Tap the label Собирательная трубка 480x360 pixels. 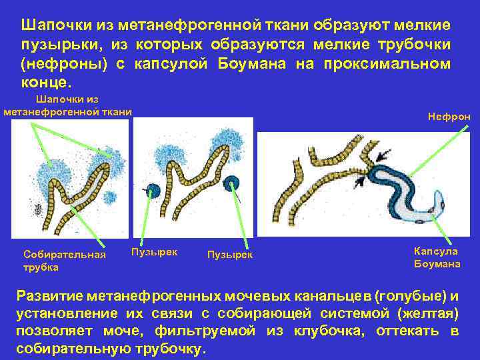[x=64, y=261]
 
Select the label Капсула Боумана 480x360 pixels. [x=437, y=257]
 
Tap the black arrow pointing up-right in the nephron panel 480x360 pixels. [x=361, y=179]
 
